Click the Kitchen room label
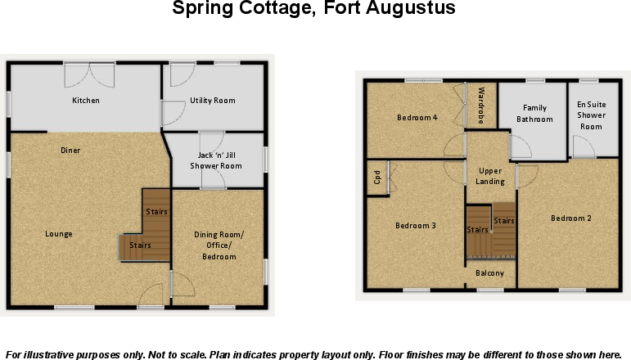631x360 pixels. coord(86,101)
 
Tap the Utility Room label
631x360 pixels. coord(213,101)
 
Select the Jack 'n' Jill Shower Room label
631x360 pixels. coord(219,160)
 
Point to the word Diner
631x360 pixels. coord(70,151)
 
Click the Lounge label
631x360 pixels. coord(59,234)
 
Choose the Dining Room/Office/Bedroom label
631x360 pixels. coord(219,246)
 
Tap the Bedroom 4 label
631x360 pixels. coord(417,118)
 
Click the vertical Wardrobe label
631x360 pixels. coord(481,105)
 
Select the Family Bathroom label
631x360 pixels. coord(534,114)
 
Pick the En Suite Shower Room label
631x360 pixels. coord(591,115)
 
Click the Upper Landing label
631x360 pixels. coord(490,176)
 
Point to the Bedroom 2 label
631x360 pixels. coord(570,218)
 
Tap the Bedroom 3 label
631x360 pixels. coord(416,226)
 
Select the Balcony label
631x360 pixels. coord(490,273)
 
